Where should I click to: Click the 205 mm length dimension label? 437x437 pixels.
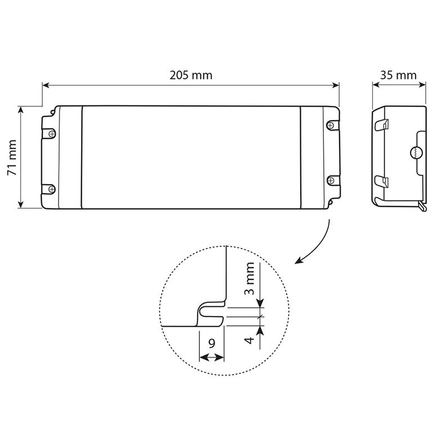[x=191, y=75]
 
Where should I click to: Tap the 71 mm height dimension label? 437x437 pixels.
[x=12, y=158]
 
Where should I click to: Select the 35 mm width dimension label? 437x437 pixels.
[x=398, y=75]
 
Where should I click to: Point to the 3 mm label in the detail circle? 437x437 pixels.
[x=249, y=278]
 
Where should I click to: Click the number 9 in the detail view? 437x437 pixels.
[x=212, y=344]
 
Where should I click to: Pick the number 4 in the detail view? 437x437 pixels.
[x=249, y=340]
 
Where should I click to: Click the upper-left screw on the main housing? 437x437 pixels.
[x=52, y=134]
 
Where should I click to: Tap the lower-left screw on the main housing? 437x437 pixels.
[x=52, y=189]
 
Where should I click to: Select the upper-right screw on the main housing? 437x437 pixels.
[x=330, y=125]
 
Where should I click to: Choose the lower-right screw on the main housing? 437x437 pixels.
[x=331, y=180]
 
